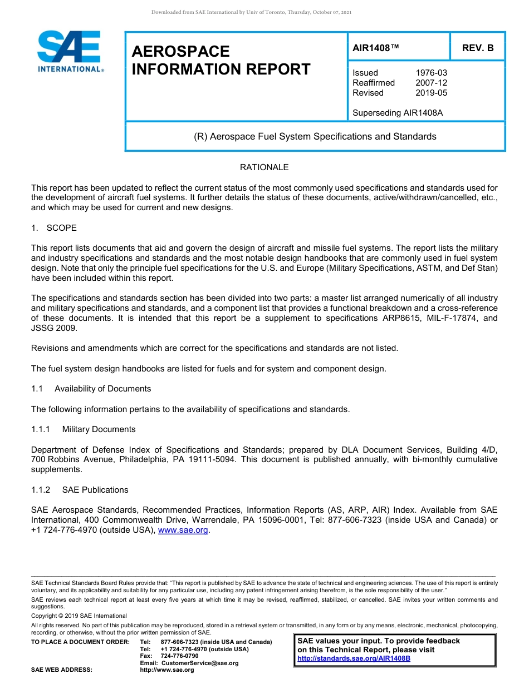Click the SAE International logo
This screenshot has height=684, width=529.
coord(70,51)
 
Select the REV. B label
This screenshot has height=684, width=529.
coord(477,48)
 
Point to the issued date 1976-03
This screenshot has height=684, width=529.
coord(431,73)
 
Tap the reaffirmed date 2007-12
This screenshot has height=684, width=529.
coord(431,83)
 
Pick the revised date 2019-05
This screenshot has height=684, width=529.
coord(431,93)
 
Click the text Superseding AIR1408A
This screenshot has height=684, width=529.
coord(398,113)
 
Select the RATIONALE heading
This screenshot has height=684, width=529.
coord(264,167)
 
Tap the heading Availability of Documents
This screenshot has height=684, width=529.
coord(102,389)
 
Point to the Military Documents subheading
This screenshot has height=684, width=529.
coord(99,429)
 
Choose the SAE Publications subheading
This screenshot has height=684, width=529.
coord(95,490)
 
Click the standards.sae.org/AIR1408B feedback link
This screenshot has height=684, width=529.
coord(354,658)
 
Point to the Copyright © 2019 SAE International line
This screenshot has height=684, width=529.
coord(79,616)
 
